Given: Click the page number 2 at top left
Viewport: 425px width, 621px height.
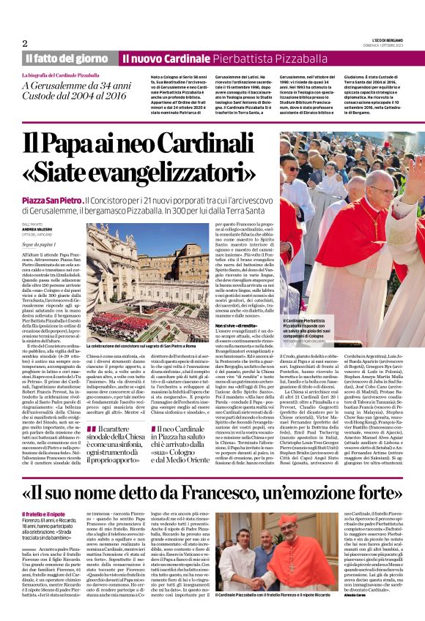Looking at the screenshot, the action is click(24, 43).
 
